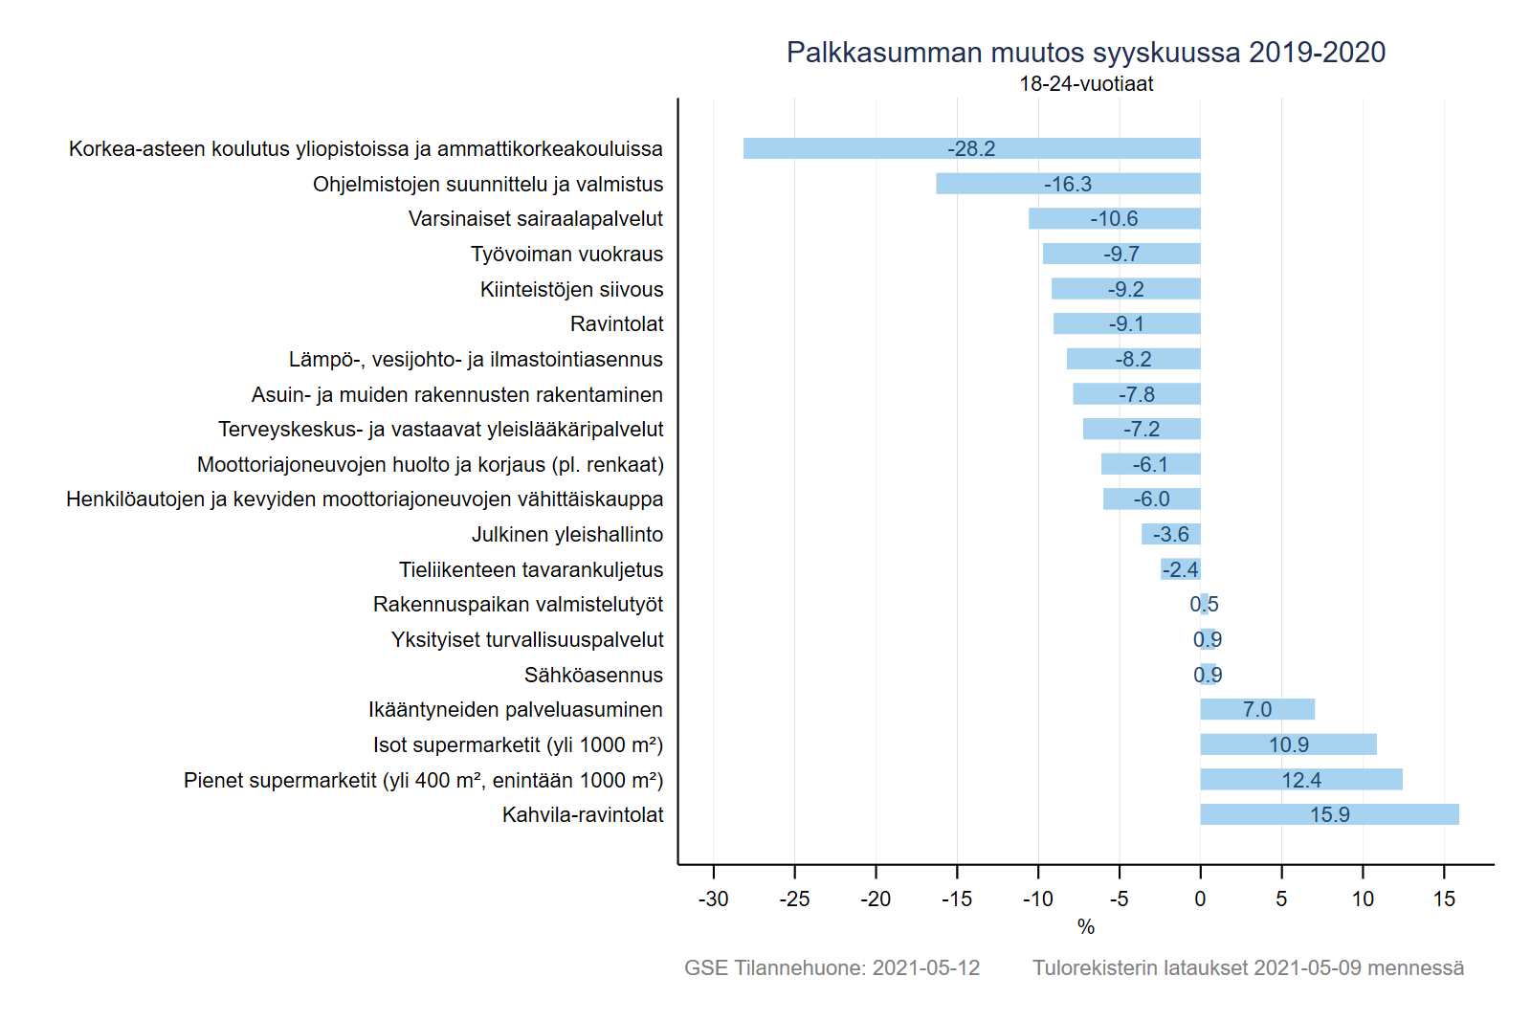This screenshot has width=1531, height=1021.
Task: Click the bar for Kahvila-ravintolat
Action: click(x=1329, y=814)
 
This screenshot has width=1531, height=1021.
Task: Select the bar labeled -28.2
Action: click(x=971, y=148)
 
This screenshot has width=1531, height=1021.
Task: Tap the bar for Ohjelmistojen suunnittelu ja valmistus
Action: click(x=1068, y=184)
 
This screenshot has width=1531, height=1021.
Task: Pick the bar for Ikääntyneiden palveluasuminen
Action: click(x=1257, y=709)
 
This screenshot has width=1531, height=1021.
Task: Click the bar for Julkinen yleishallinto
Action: click(x=1171, y=534)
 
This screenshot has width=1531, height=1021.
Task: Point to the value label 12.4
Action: click(x=1301, y=780)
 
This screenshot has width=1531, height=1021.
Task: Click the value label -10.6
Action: click(x=1114, y=219)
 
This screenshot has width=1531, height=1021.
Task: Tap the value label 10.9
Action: click(x=1289, y=744)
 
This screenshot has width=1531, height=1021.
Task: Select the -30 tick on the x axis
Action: click(x=713, y=899)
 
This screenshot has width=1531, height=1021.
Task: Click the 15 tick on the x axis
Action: click(x=1444, y=899)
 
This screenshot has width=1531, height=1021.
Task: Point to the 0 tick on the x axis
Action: click(x=1200, y=899)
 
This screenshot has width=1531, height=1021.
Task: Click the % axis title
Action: click(x=1085, y=926)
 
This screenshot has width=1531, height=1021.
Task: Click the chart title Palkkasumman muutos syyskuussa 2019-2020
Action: click(x=1086, y=53)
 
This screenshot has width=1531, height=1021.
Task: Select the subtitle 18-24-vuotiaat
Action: click(x=1086, y=84)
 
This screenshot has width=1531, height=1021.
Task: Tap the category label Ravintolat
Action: click(x=616, y=324)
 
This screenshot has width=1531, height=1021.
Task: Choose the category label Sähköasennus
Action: click(x=593, y=675)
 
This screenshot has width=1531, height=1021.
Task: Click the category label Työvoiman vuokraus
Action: click(x=566, y=255)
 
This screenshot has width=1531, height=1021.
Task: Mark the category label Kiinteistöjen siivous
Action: click(x=571, y=289)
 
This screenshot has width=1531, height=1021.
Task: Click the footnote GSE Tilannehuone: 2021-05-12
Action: click(x=832, y=967)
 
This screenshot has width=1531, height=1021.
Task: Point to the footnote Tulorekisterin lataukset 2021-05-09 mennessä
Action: click(x=1248, y=967)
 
